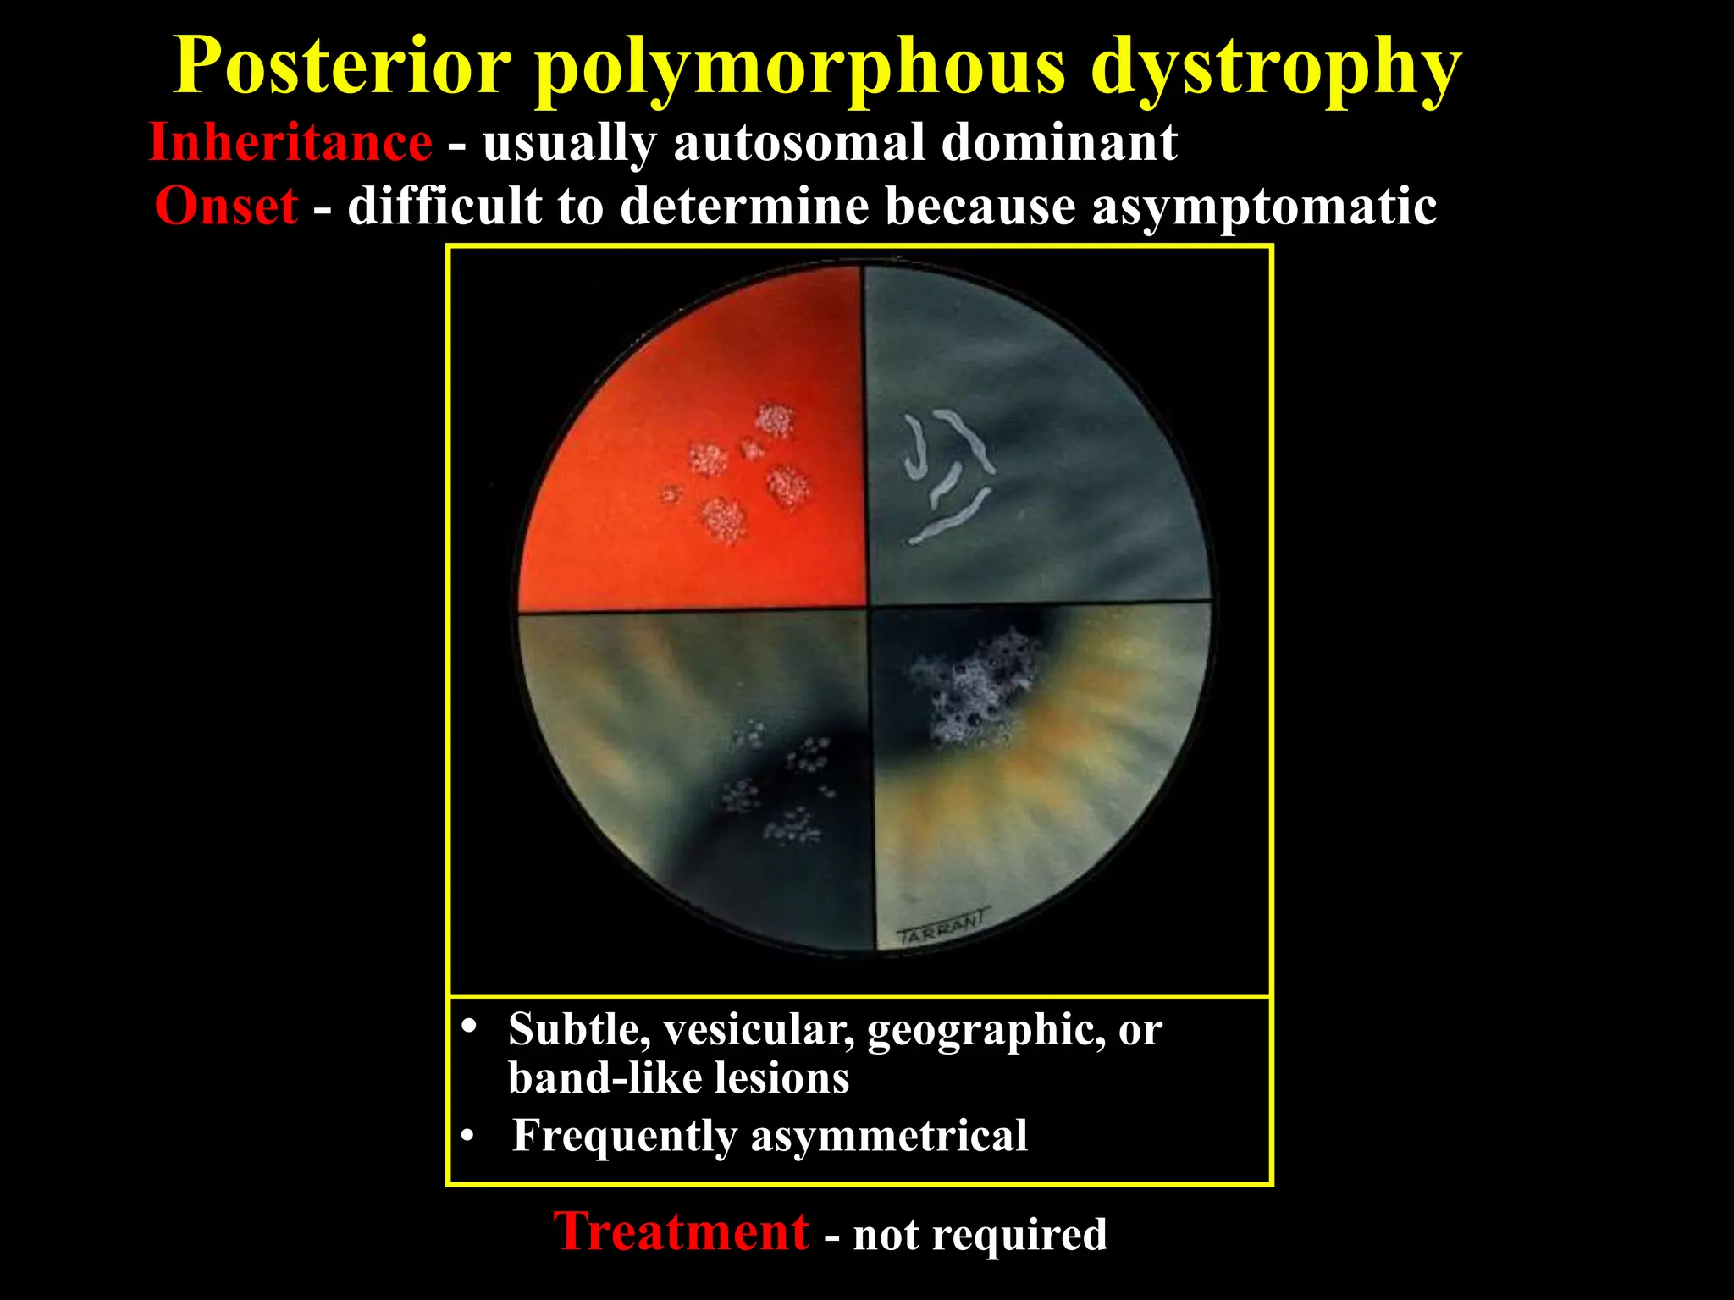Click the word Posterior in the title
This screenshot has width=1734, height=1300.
pyautogui.click(x=342, y=68)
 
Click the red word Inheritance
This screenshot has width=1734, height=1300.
pyautogui.click(x=290, y=142)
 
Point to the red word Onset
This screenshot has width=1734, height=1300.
pyautogui.click(x=226, y=206)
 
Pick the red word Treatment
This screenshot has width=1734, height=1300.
pyautogui.click(x=682, y=1231)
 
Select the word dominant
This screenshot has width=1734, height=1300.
pyautogui.click(x=1059, y=142)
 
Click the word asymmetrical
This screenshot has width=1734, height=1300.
pyautogui.click(x=889, y=1136)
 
